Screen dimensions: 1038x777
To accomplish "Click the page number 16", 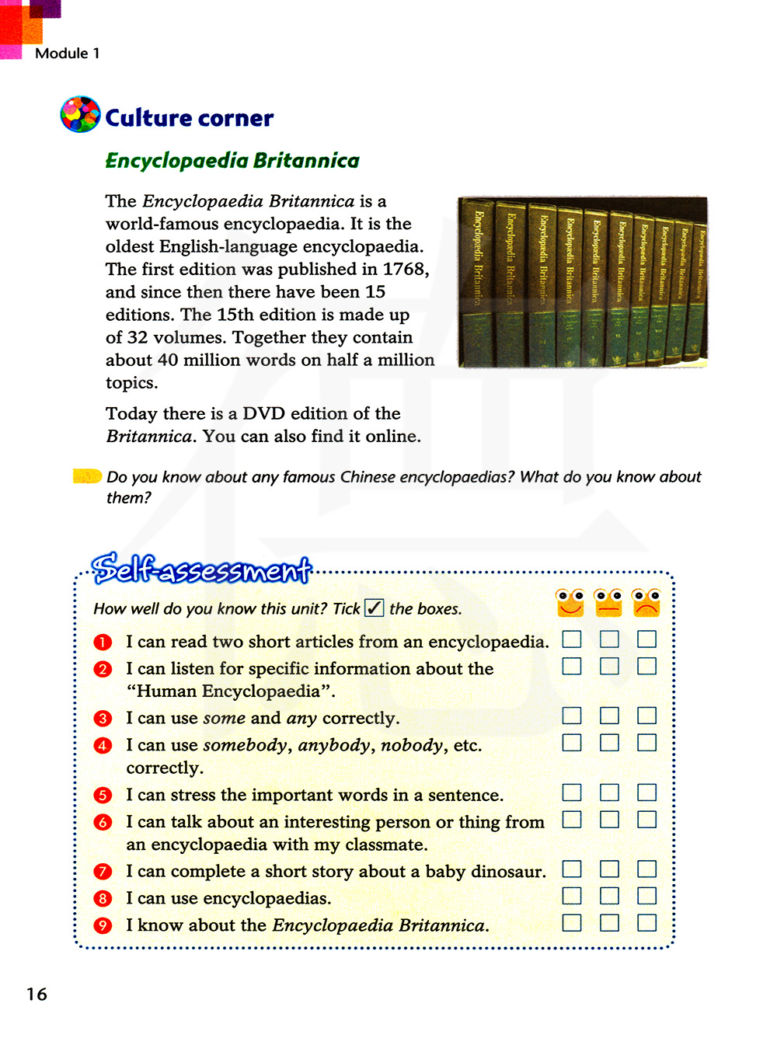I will point(37,994).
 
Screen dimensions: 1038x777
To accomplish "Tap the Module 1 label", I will point(67,53).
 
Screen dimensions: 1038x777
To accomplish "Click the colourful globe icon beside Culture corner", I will point(80,115).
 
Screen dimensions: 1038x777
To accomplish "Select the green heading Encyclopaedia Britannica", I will point(232,161).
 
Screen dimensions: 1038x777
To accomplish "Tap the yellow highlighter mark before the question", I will point(87,475).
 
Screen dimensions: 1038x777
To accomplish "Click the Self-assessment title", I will point(201,570).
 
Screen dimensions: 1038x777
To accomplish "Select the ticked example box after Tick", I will point(375,608).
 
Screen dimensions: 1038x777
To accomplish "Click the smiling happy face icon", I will point(570,603).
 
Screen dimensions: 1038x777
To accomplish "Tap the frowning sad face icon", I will point(646,603).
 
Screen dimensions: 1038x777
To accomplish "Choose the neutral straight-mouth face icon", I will point(608,603).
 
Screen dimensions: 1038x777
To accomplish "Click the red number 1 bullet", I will point(103,643).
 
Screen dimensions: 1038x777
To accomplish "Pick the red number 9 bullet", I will point(103,925).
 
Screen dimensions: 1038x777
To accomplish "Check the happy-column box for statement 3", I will point(572,716).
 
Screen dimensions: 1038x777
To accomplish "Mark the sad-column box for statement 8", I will point(646,896).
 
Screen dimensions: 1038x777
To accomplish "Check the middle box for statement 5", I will point(609,792).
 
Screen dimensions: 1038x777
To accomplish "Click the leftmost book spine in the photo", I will point(478,281).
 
